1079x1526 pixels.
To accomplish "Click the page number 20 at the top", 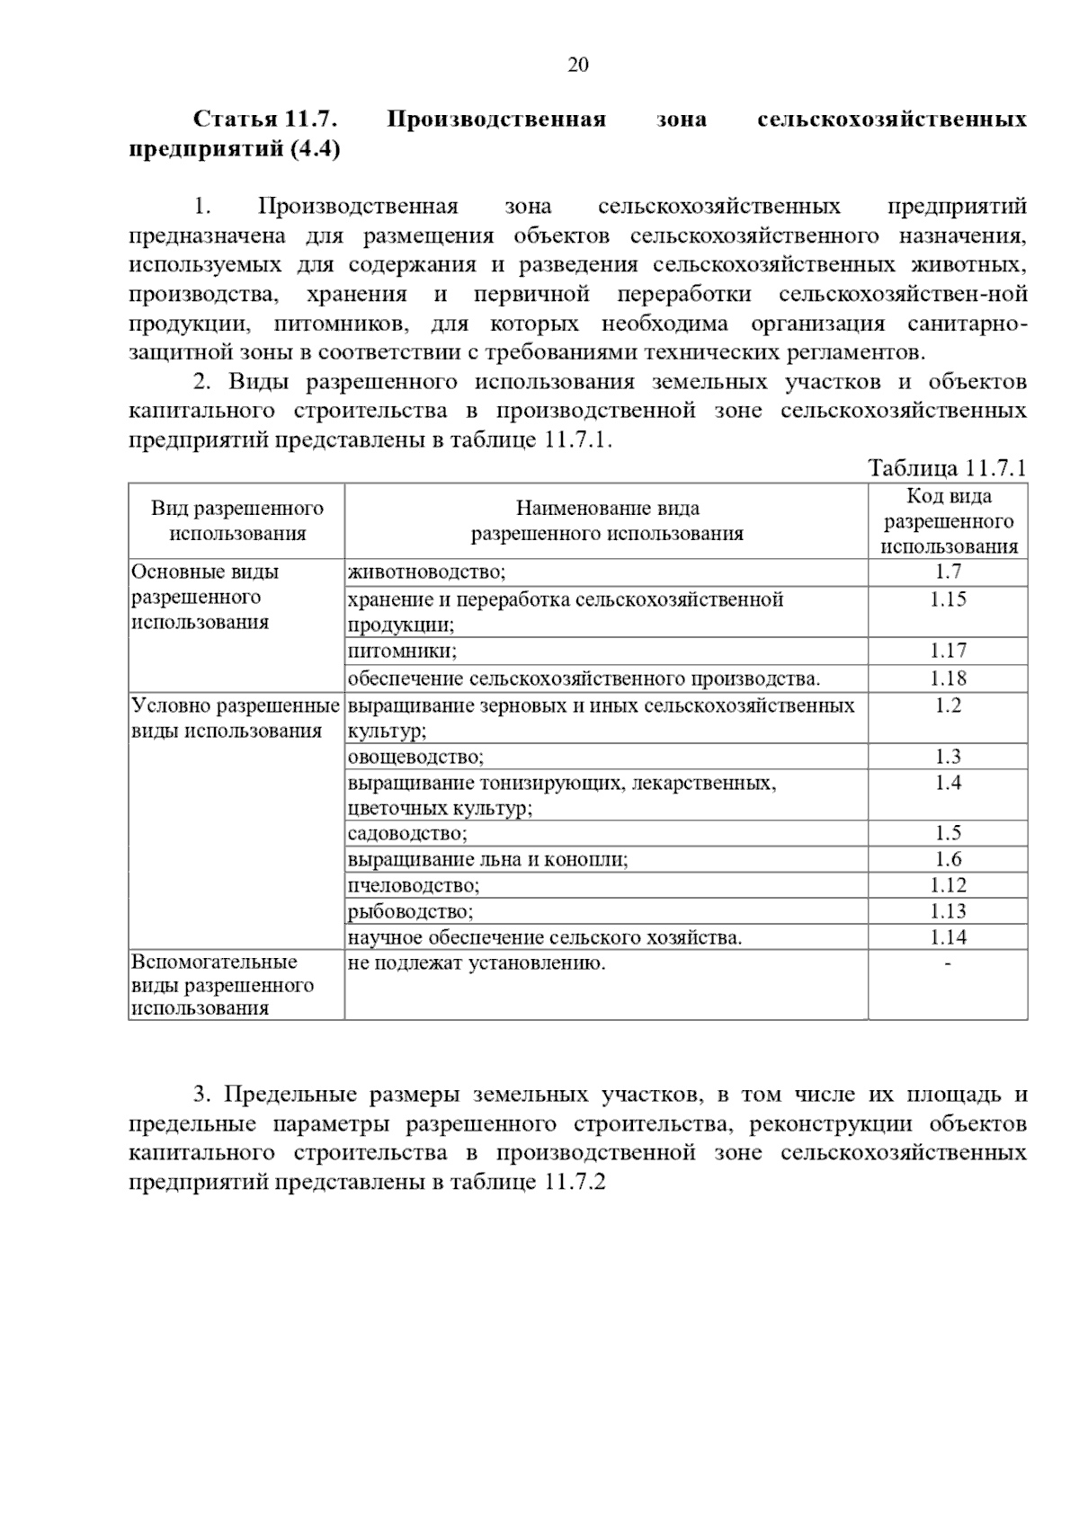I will click(578, 65).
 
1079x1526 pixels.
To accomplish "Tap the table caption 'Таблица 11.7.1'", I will click(947, 467).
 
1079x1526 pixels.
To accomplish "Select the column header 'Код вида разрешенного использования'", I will click(949, 521).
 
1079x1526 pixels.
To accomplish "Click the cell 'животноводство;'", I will click(426, 572).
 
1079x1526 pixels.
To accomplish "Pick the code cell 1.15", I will click(948, 599).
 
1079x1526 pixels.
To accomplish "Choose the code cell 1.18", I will click(948, 678).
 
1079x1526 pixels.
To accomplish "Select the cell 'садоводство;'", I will click(407, 833).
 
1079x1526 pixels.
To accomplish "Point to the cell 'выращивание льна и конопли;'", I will click(487, 859).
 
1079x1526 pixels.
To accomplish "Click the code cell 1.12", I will click(948, 885).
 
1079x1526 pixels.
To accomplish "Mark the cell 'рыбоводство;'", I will click(410, 911).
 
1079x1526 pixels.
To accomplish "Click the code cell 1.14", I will click(948, 937).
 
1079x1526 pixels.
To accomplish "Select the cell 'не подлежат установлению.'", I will click(477, 964).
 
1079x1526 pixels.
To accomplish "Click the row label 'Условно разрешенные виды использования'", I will click(235, 718).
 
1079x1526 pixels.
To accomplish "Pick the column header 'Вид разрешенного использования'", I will click(237, 521).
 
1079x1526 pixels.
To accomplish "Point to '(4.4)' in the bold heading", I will click(315, 149).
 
